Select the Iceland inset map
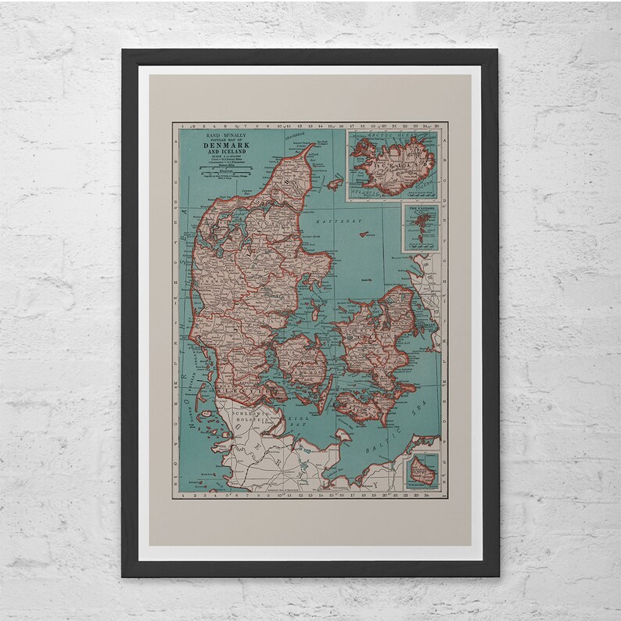392,165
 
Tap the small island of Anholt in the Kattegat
365,278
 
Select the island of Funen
301,362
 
